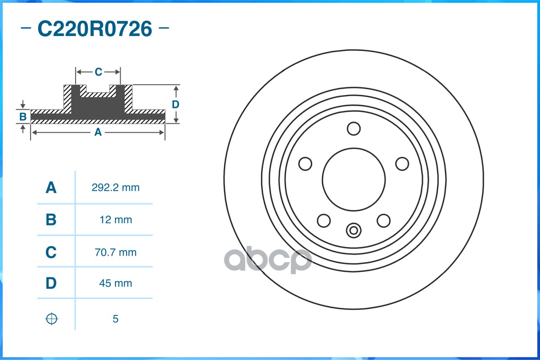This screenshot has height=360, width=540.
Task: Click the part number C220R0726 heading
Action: point(95,28)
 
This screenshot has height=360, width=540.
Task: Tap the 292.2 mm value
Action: point(115,188)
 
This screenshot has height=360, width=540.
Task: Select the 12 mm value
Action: point(116,220)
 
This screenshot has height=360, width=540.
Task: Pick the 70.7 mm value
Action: point(115,252)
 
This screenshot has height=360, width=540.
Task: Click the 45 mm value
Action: point(115,283)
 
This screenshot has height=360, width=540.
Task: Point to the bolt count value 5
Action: point(115,319)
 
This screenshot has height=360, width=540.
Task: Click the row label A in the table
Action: point(51,188)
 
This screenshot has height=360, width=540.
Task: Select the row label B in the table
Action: point(51,220)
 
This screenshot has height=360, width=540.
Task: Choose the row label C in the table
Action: point(51,252)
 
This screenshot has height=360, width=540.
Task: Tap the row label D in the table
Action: point(51,283)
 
